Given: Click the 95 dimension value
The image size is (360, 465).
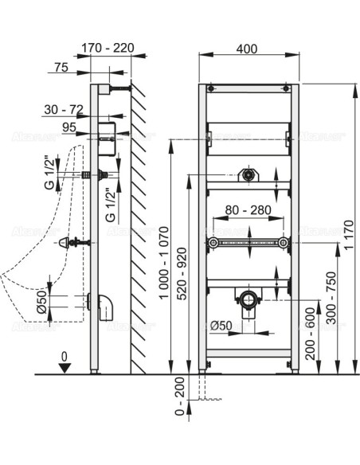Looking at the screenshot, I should (x=69, y=127).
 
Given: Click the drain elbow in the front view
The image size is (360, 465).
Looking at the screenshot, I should (x=248, y=300).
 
